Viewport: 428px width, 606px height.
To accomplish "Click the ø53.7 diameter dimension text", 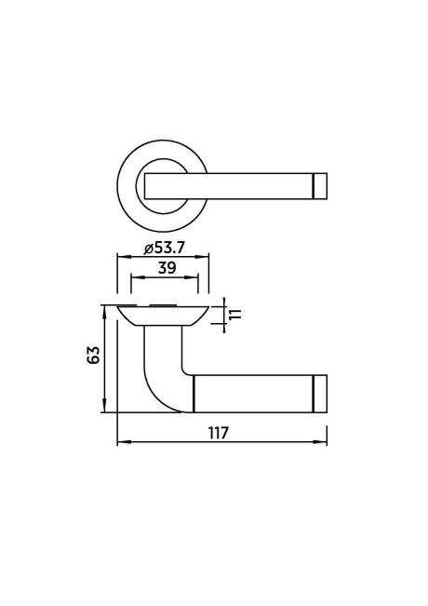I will click(x=161, y=248).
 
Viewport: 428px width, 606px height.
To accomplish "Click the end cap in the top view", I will click(x=321, y=185).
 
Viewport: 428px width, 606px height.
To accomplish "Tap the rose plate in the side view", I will click(x=161, y=315).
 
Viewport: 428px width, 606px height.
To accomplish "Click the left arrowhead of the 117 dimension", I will click(x=120, y=443).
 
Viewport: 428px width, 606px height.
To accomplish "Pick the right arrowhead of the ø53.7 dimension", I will click(x=204, y=257).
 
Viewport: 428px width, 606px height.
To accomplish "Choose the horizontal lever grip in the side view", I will click(x=251, y=391).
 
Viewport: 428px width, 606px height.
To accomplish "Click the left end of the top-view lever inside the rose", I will click(x=149, y=185).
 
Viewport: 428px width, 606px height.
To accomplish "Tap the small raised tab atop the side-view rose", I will click(x=162, y=304).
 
